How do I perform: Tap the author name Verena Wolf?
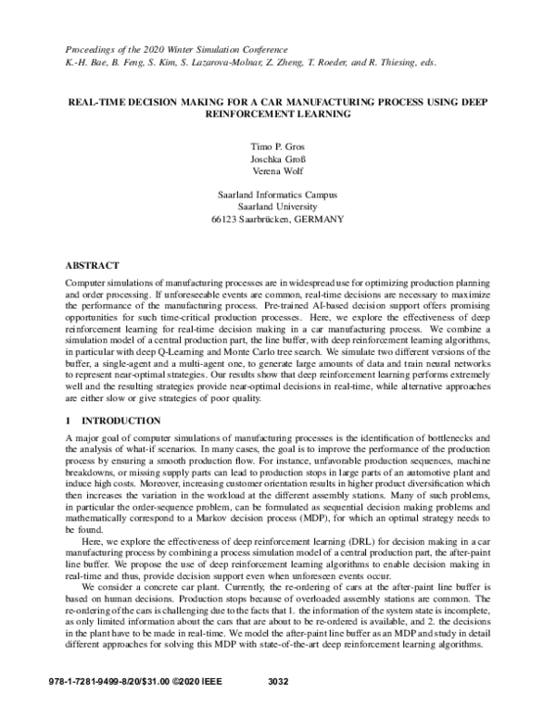point(278,172)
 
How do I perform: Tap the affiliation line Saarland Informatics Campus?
point(278,196)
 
